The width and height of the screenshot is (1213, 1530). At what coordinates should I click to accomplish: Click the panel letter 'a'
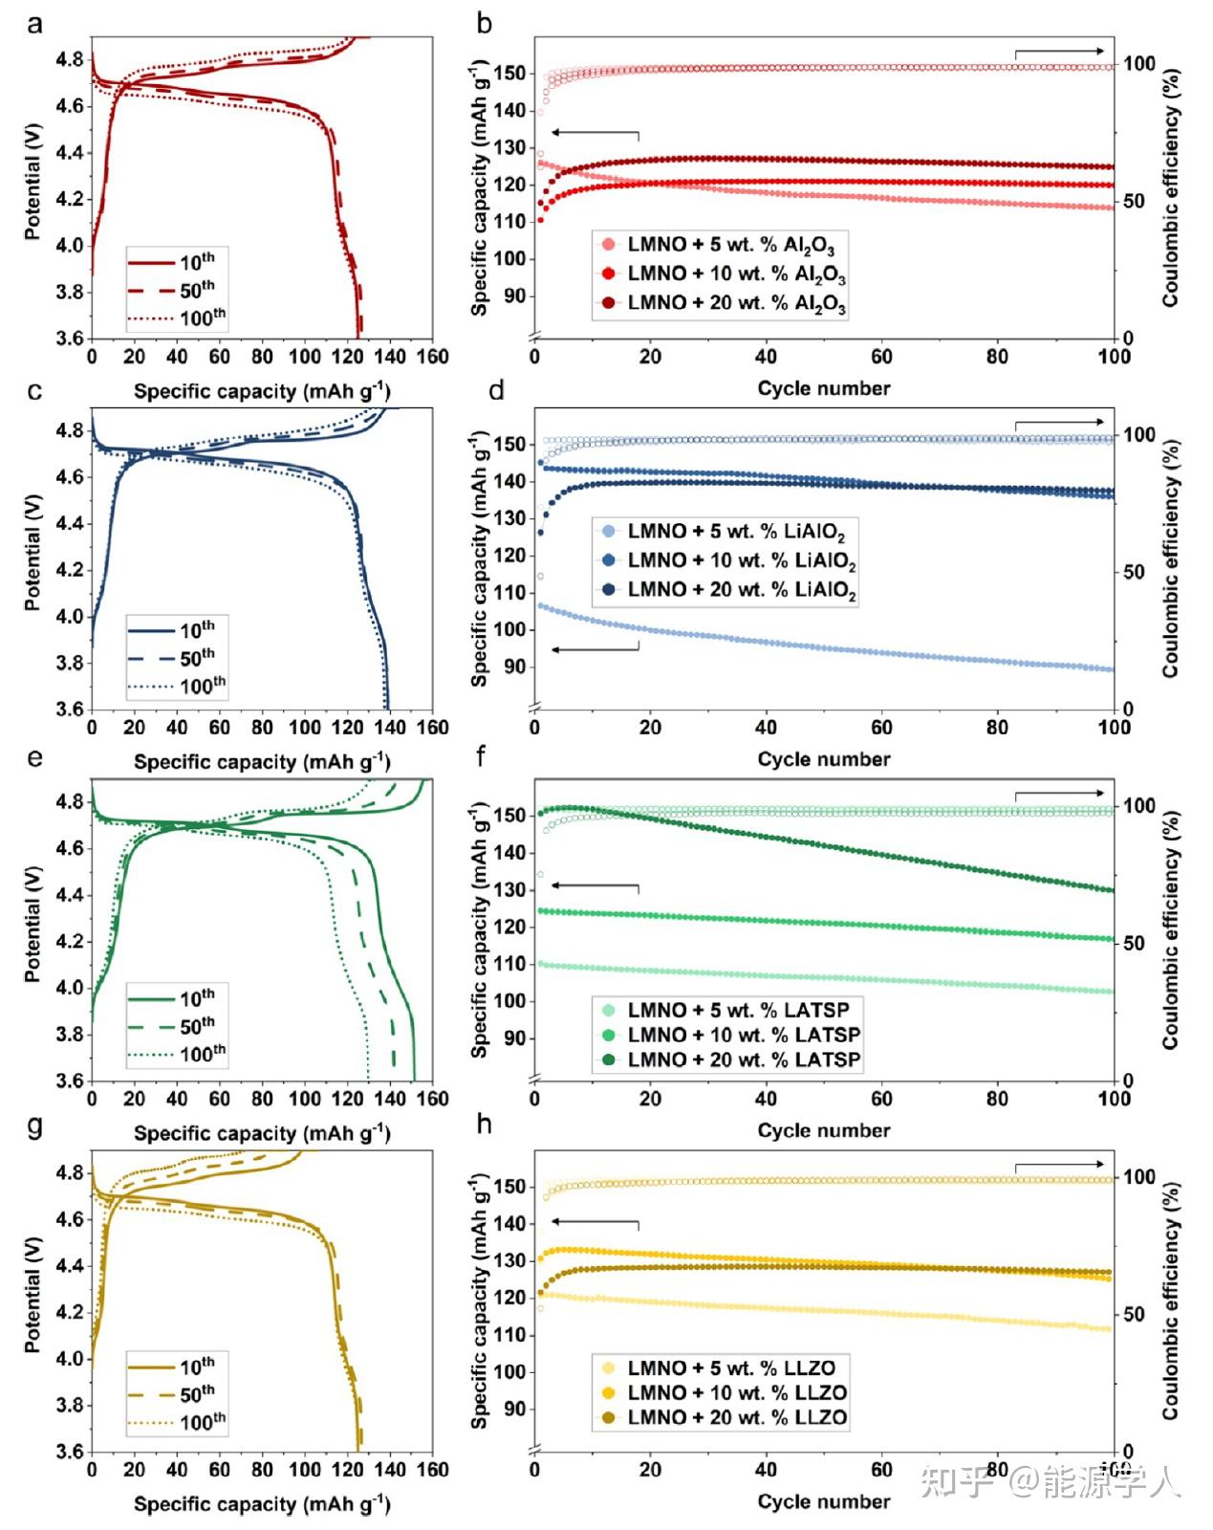pos(35,23)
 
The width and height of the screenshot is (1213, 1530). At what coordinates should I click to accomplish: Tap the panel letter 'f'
pos(480,757)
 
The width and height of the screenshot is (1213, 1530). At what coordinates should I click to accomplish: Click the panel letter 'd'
pos(496,390)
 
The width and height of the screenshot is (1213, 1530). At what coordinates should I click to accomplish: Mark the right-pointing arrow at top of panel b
pos(1059,52)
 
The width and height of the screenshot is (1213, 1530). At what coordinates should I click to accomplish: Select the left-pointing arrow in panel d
pos(595,649)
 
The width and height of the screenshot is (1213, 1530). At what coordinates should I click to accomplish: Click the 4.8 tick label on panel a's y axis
pos(70,59)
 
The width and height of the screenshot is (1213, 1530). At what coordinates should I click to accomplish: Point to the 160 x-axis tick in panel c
pos(433,727)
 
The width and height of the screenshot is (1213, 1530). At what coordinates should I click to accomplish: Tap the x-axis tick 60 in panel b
pos(881,357)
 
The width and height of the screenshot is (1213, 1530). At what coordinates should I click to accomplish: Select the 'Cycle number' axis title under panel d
pos(823,759)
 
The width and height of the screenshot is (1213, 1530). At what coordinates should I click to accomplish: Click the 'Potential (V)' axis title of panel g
pos(32,1294)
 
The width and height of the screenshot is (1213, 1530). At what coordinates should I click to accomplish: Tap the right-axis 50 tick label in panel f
pos(1137,943)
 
